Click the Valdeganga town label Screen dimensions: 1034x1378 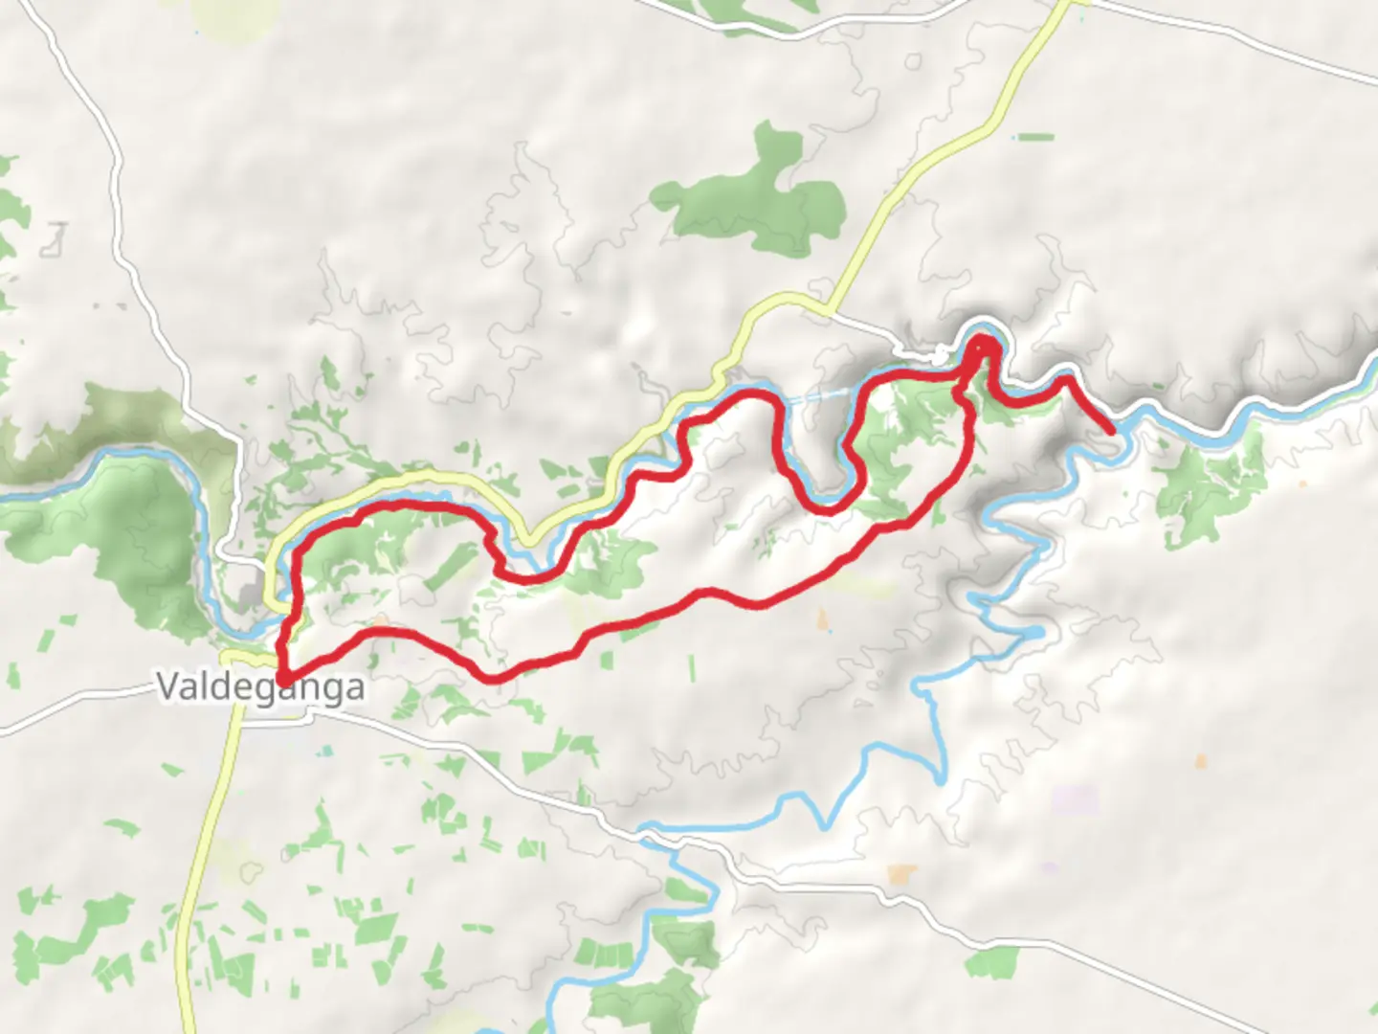260,687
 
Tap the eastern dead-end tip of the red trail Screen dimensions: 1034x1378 1110,432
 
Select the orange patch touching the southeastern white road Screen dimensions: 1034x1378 901,873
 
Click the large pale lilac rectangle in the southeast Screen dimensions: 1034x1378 1076,800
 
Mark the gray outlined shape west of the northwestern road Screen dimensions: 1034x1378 56,239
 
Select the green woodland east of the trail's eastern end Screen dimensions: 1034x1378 1206,488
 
